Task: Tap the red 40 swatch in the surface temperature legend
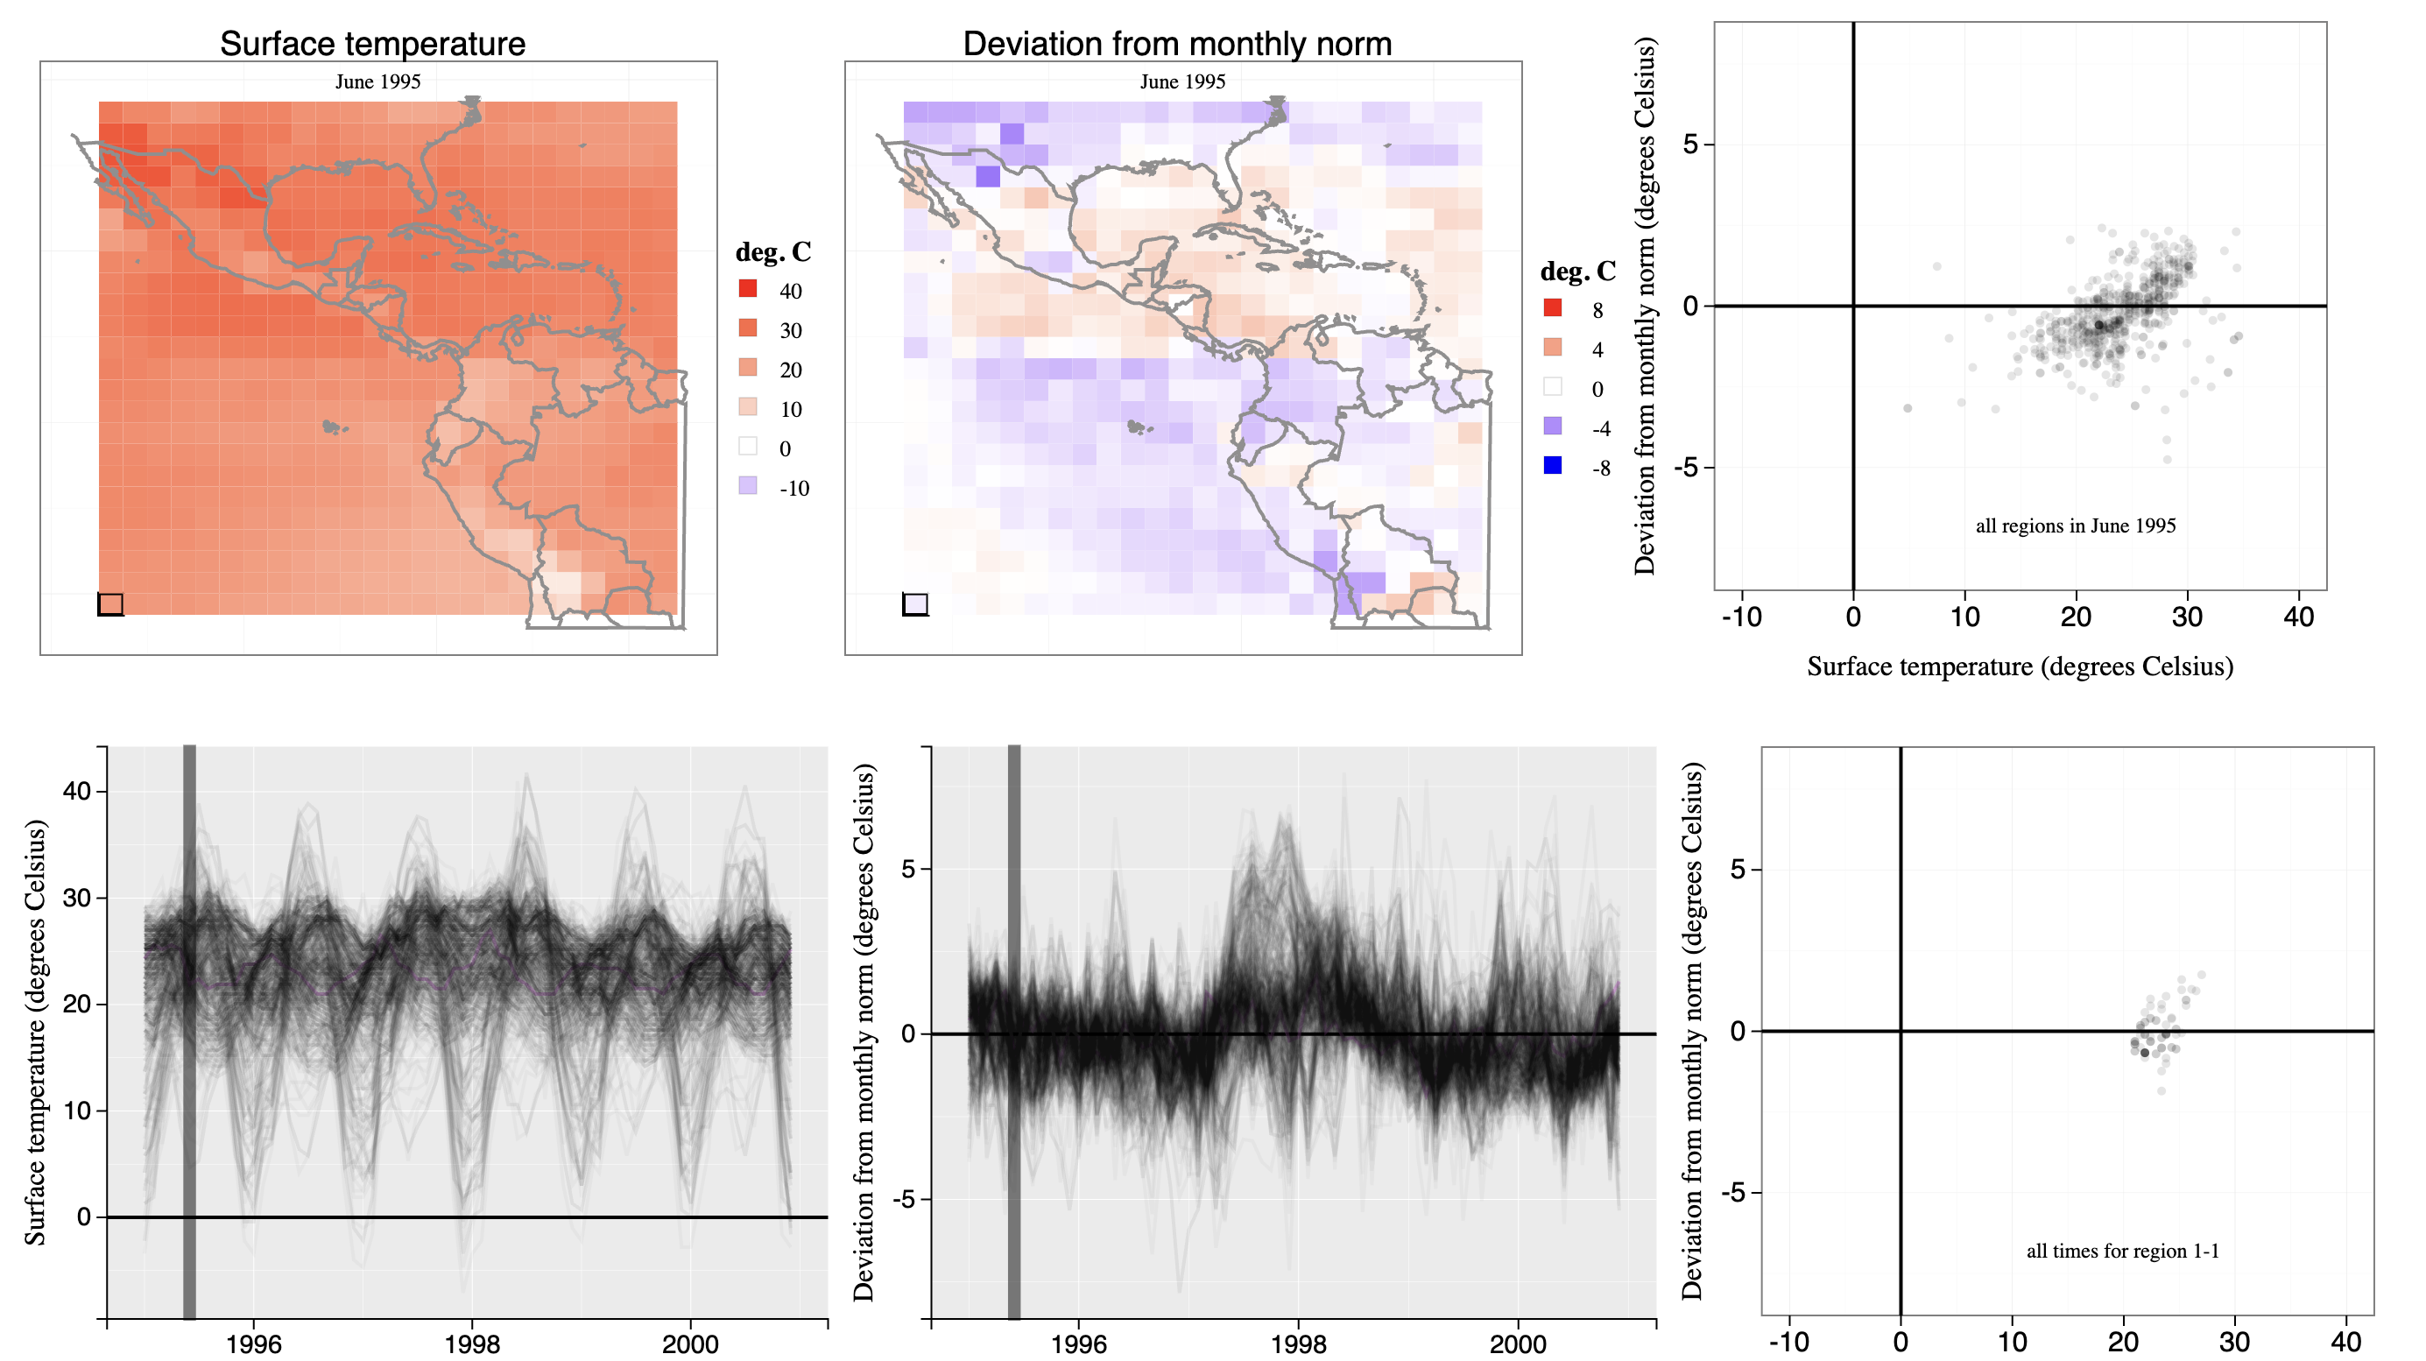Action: pyautogui.click(x=748, y=289)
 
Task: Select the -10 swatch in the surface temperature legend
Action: pyautogui.click(x=748, y=486)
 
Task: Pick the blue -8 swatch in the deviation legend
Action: pyautogui.click(x=1553, y=465)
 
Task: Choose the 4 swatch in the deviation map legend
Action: pyautogui.click(x=1553, y=348)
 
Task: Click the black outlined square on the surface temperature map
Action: pyautogui.click(x=110, y=603)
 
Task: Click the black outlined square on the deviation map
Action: pyautogui.click(x=915, y=603)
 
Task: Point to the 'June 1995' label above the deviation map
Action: pyautogui.click(x=1183, y=82)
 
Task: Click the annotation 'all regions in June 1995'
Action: pyautogui.click(x=2076, y=525)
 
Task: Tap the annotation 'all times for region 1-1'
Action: pyautogui.click(x=2123, y=1251)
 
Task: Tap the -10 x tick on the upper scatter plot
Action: pyautogui.click(x=1741, y=617)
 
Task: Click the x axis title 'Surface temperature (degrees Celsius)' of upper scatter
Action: pyautogui.click(x=2020, y=666)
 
